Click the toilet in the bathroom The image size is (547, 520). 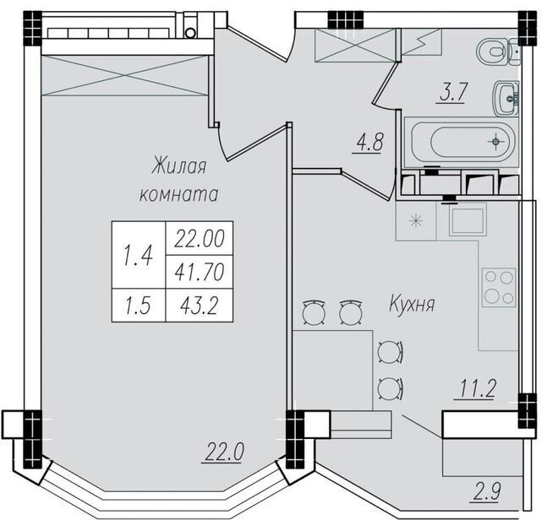click(499, 51)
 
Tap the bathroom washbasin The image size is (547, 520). click(506, 98)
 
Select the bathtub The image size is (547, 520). click(461, 142)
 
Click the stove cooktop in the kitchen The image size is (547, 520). click(499, 287)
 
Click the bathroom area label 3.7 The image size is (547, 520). click(451, 92)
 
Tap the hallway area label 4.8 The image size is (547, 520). click(369, 143)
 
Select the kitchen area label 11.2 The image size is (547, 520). click(475, 388)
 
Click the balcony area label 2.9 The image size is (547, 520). click(485, 492)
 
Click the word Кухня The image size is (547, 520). click(412, 304)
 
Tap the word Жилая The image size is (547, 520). click(178, 166)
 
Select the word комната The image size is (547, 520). click(179, 194)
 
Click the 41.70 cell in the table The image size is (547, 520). click(200, 272)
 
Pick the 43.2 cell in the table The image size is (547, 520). click(200, 306)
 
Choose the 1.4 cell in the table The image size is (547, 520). click(139, 255)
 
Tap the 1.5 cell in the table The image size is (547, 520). click(139, 306)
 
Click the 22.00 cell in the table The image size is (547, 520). click(200, 238)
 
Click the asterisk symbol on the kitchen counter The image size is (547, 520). click(416, 221)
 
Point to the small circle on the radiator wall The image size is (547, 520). click(190, 33)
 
